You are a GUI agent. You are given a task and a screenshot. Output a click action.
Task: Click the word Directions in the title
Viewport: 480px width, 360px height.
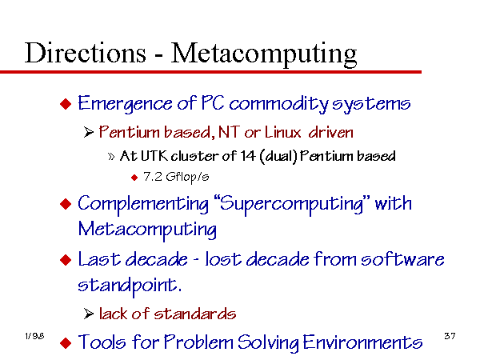pos(86,53)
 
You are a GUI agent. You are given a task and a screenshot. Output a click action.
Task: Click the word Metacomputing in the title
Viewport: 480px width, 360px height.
pos(264,54)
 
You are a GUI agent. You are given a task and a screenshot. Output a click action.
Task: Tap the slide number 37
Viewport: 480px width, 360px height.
pos(450,336)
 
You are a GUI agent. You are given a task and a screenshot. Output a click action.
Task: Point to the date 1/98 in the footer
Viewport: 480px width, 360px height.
pos(34,336)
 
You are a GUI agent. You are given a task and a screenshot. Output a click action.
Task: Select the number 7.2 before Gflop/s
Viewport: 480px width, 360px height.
pos(153,177)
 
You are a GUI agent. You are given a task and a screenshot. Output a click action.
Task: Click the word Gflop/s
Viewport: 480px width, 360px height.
pos(187,178)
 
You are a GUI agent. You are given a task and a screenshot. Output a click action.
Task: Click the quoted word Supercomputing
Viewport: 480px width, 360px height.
pos(291,204)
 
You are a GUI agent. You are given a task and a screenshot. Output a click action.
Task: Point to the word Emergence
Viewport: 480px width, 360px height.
pos(125,104)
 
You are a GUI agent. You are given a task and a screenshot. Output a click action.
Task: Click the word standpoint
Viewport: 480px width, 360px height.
pos(130,286)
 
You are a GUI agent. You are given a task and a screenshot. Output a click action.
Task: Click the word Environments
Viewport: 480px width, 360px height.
pos(362,342)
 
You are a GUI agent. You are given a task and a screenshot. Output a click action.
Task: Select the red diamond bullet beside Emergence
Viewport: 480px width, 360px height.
pos(66,103)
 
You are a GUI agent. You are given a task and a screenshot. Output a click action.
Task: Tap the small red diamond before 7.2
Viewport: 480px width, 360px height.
pos(134,178)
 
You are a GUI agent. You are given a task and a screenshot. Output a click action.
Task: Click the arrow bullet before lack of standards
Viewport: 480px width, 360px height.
pos(89,314)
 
